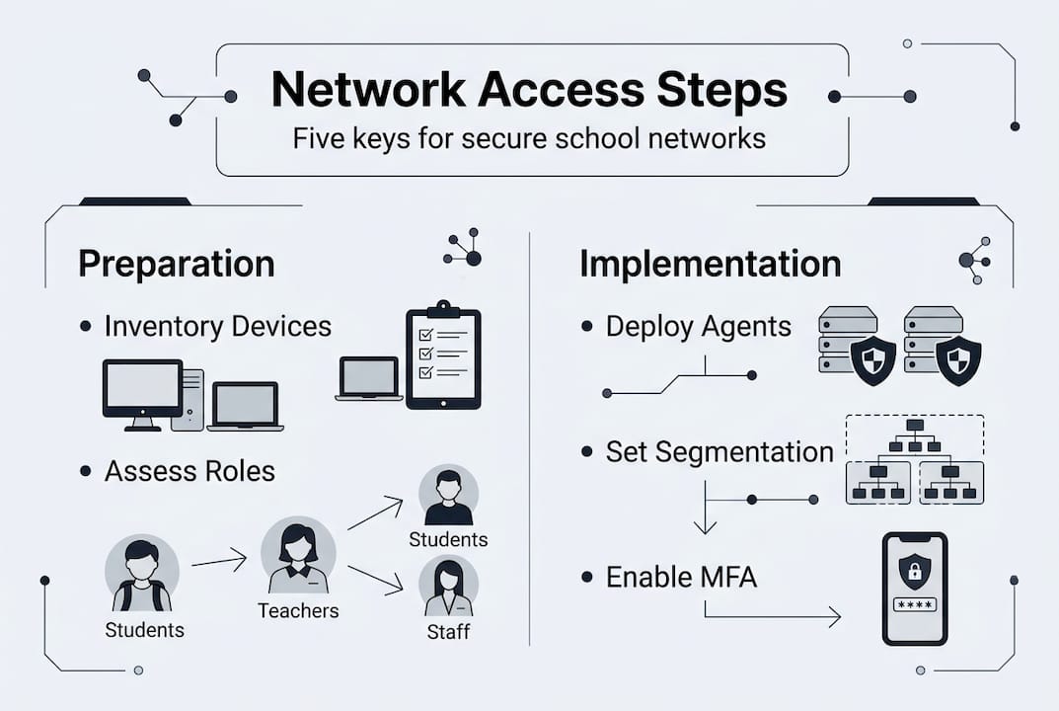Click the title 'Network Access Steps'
click(x=529, y=91)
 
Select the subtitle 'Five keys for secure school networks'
click(x=529, y=137)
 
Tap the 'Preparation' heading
click(x=177, y=264)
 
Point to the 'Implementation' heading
click(x=710, y=264)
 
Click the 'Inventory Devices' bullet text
click(x=217, y=326)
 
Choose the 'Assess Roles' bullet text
click(x=189, y=471)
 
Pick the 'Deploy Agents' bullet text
click(x=698, y=327)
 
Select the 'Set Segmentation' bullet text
click(x=719, y=452)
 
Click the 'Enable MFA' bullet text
click(x=681, y=577)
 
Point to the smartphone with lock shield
click(x=913, y=588)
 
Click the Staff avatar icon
click(x=448, y=588)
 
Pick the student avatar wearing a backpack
click(x=142, y=576)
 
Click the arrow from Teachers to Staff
click(x=375, y=579)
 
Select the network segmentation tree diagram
click(x=915, y=460)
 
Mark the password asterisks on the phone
click(x=913, y=604)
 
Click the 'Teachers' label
click(x=298, y=611)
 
